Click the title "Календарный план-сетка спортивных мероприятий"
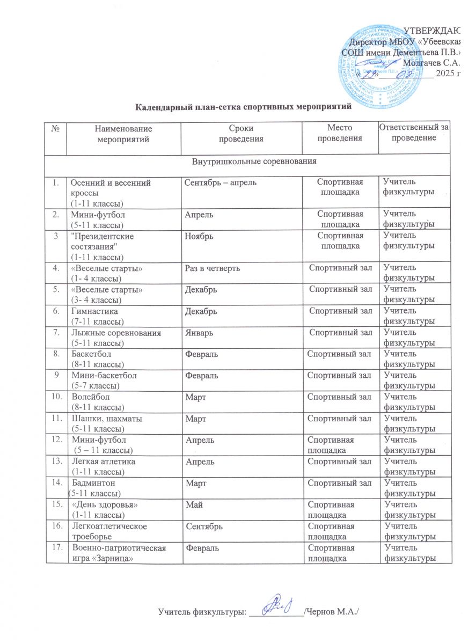(243, 106)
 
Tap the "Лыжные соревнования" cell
(116, 333)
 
